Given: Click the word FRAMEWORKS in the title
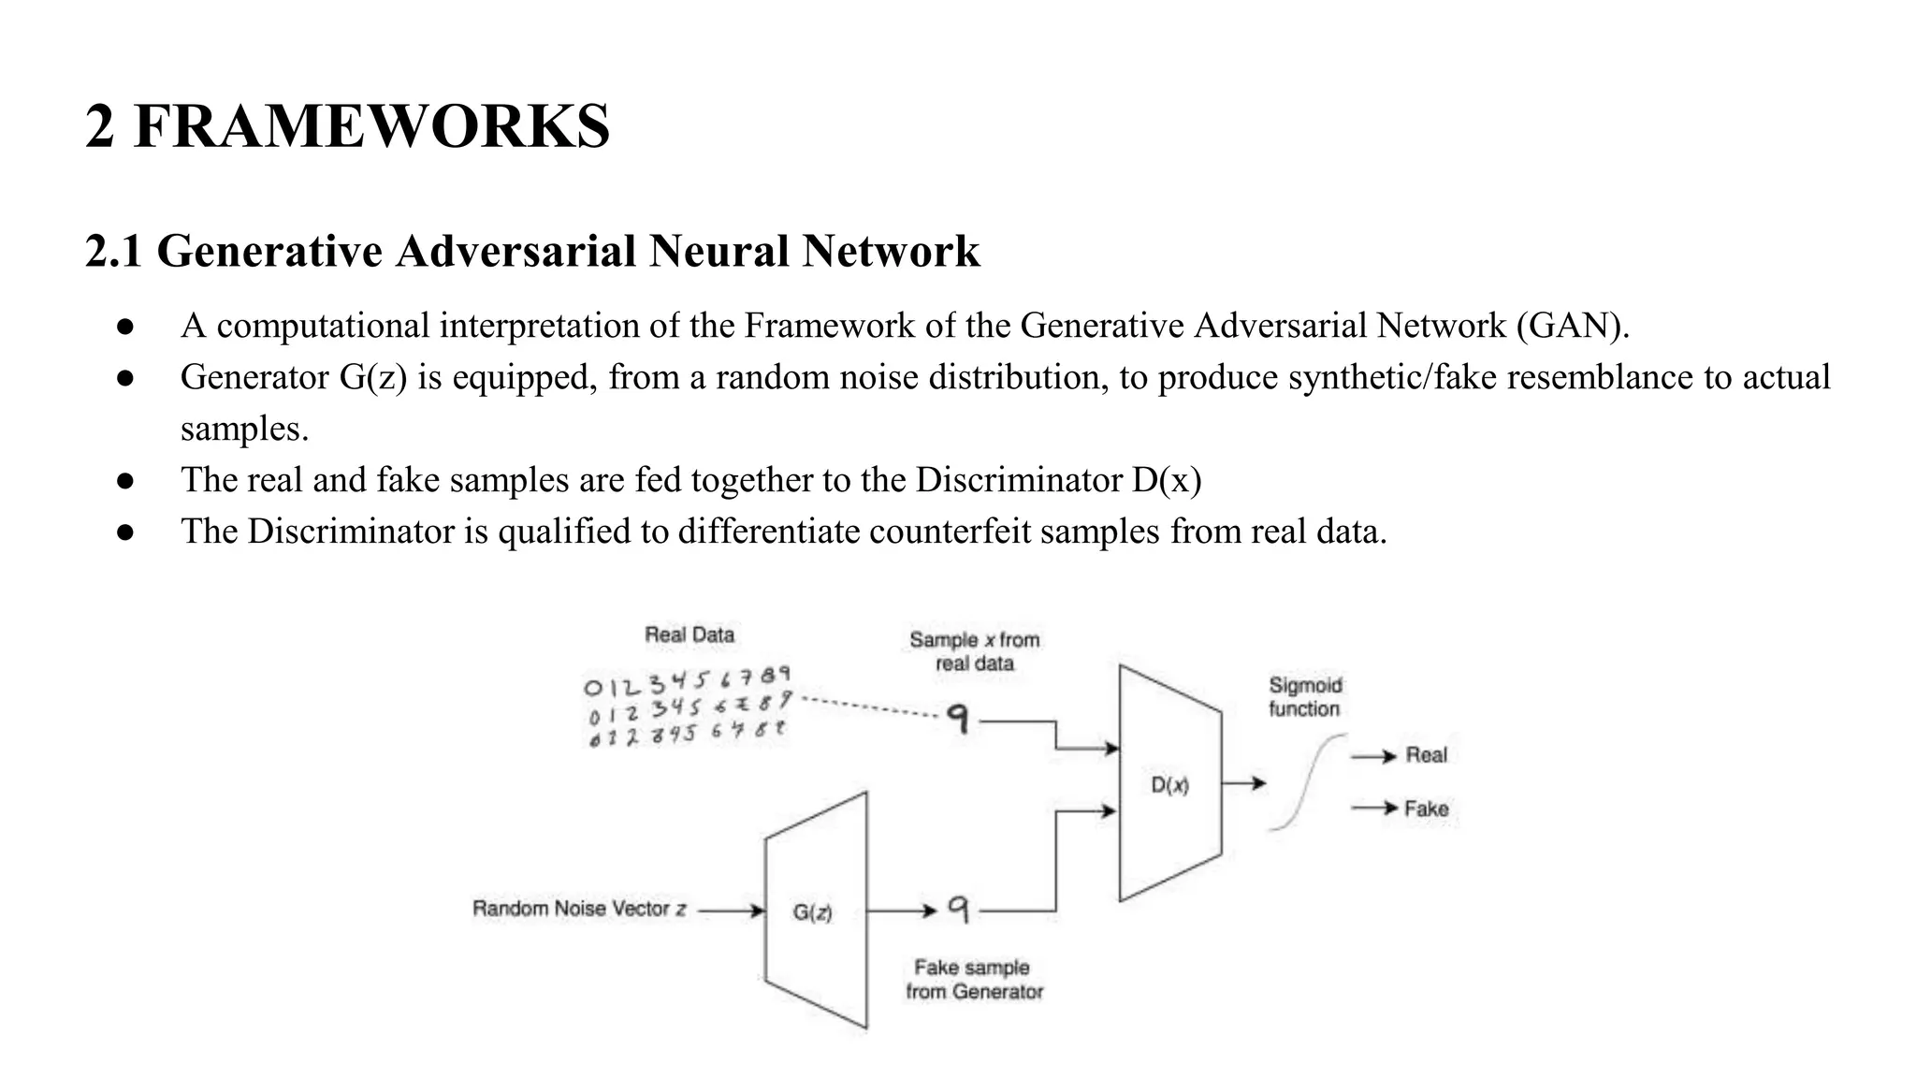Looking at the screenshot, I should coord(371,127).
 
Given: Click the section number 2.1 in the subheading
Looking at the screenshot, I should coord(113,252).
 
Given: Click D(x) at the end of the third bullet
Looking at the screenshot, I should coord(1166,480).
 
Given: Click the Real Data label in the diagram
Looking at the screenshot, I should coord(689,634).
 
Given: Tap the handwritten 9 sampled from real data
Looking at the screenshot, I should coord(957,719).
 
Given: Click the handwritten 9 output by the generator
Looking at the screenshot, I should coord(958,908).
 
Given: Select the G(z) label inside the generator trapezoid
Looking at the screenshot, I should coord(812,911).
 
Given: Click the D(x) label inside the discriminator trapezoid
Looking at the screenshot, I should coord(1169,785).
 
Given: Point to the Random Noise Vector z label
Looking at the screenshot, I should coord(579,909).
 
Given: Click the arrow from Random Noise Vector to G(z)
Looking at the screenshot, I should coord(731,910).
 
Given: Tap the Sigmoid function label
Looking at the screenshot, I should coord(1304,697).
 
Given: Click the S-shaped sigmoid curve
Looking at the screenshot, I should coord(1308,782).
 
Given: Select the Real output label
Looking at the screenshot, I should coord(1426,755).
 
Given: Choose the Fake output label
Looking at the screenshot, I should coord(1426,808).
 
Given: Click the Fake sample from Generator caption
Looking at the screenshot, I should coord(973,979).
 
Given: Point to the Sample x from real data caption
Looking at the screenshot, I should coord(974,651).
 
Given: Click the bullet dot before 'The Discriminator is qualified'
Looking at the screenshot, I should coord(126,532).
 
